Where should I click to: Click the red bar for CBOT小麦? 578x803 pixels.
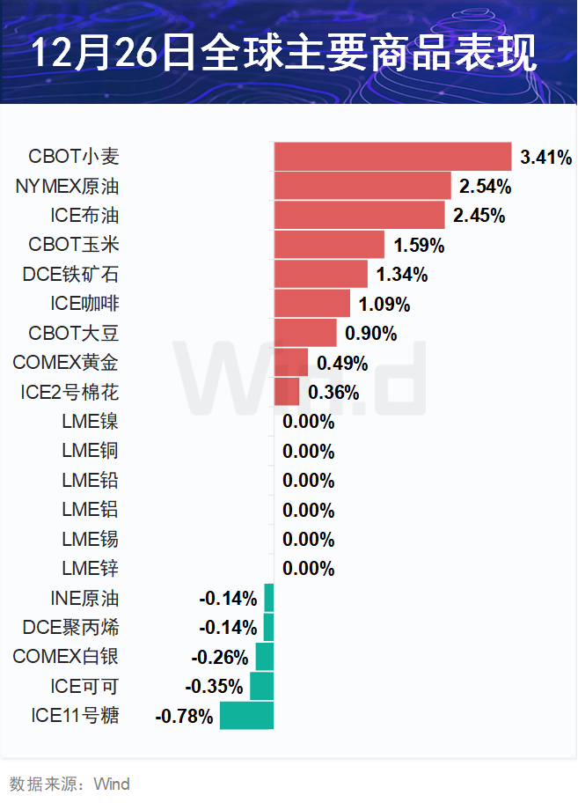tap(392, 157)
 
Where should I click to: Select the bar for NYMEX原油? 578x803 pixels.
tap(362, 186)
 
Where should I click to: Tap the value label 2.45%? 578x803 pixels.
tap(479, 216)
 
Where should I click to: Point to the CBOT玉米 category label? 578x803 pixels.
tap(74, 245)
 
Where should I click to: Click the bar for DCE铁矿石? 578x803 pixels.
tap(321, 274)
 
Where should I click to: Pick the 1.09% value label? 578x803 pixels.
tap(384, 305)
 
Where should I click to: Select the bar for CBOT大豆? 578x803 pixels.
tap(305, 333)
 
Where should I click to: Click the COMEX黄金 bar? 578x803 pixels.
tap(291, 362)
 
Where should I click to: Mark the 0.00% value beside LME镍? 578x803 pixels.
tap(309, 422)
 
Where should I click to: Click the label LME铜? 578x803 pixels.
tap(90, 451)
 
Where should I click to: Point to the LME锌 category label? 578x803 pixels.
tap(90, 568)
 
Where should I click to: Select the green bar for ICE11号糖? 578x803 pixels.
tap(246, 716)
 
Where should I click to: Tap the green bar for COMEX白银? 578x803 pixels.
tap(265, 657)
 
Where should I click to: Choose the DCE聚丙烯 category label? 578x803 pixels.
tap(71, 628)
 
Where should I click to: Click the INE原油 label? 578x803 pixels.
tap(84, 599)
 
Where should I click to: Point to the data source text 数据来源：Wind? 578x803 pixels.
tap(70, 784)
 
